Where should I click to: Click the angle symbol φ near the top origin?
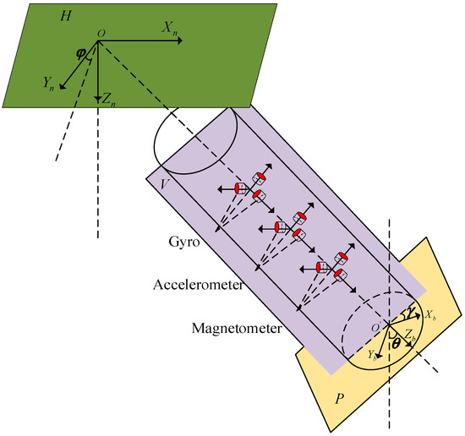coord(81,52)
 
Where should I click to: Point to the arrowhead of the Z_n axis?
coord(99,97)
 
